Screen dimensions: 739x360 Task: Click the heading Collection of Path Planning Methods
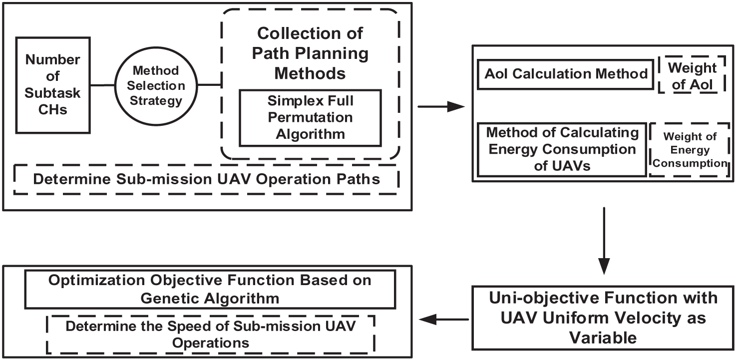(x=310, y=53)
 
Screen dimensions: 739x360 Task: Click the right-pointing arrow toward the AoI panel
(x=441, y=106)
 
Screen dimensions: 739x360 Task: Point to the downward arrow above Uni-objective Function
(x=604, y=241)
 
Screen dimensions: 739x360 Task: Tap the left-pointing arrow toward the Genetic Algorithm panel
(x=444, y=320)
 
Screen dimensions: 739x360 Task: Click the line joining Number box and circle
(x=102, y=85)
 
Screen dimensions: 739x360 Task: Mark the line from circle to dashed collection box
(x=209, y=85)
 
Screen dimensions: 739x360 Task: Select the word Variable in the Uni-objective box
(x=603, y=338)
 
